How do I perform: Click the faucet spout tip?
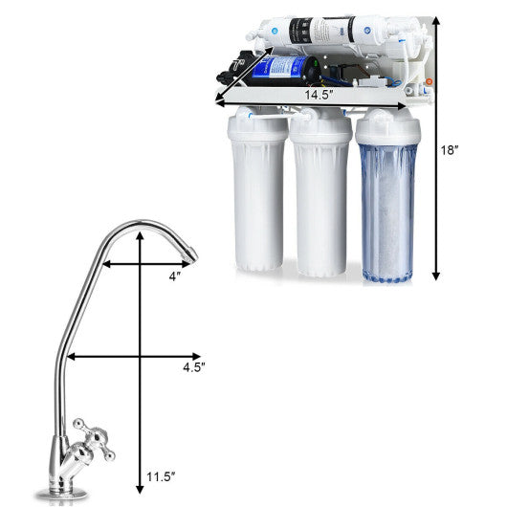pos(192,253)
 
